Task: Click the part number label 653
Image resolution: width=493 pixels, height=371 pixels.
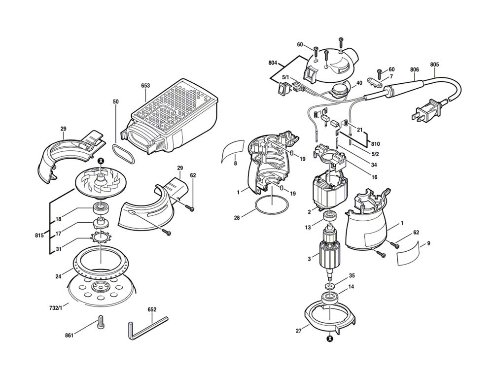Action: tap(145, 85)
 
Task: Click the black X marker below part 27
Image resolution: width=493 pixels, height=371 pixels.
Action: tap(329, 338)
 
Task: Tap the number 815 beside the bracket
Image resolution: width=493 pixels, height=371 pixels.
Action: tap(39, 236)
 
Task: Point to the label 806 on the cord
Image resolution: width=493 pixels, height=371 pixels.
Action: tap(415, 70)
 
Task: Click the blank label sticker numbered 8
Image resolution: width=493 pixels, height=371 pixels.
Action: tap(233, 150)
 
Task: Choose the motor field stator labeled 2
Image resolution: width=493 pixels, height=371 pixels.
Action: tap(331, 192)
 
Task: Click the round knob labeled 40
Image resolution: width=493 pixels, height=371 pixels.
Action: tap(339, 91)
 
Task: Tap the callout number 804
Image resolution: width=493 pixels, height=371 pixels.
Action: tap(273, 63)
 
